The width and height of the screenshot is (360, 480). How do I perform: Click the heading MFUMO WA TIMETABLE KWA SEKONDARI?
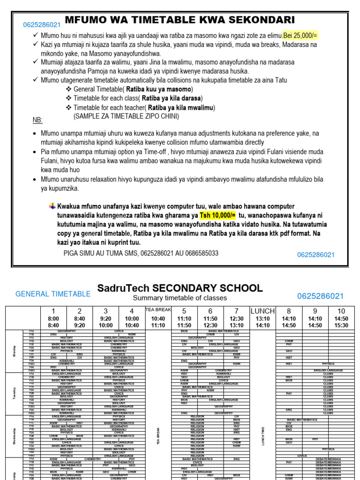coord(180,20)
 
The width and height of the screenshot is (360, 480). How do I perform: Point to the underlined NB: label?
coord(37,120)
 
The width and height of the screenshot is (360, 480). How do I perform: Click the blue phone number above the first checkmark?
coord(42,25)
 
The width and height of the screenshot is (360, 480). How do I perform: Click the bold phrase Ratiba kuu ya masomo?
coord(159,89)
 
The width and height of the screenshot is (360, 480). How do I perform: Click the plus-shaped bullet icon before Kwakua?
coord(52,206)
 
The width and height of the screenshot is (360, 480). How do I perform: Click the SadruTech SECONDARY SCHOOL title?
coord(180,288)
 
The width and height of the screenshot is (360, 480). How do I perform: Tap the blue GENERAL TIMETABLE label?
coord(53,294)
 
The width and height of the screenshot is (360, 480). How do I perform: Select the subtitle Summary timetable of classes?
coord(180,298)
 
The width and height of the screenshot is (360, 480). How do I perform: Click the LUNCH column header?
coord(262,311)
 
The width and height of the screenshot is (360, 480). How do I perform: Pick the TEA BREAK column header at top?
coord(158,310)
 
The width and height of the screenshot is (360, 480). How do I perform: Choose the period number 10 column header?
coord(341,311)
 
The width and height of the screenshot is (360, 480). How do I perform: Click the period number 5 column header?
coord(184,311)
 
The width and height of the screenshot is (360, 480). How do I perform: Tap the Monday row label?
coord(14,351)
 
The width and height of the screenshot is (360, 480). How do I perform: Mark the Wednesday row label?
coord(14,436)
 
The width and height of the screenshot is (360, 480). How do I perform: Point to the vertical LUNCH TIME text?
coord(263,436)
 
